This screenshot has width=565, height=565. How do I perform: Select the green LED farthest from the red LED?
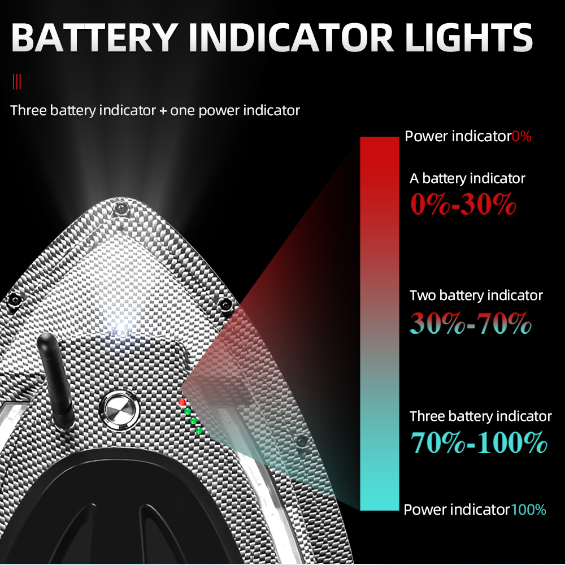199,431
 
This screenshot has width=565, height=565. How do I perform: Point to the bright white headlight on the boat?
120,328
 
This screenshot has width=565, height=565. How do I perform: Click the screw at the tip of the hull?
119,210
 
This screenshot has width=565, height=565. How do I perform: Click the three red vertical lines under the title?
17,82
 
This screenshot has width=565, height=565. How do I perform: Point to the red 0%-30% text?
463,205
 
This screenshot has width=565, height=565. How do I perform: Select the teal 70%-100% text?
478,442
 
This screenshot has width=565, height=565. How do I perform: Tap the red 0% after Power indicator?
521,136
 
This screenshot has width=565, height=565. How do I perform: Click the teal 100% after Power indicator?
528,510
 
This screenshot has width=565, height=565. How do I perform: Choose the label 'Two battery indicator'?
476,295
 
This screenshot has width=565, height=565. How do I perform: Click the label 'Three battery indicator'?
480,416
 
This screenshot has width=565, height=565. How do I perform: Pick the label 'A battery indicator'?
467,179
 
